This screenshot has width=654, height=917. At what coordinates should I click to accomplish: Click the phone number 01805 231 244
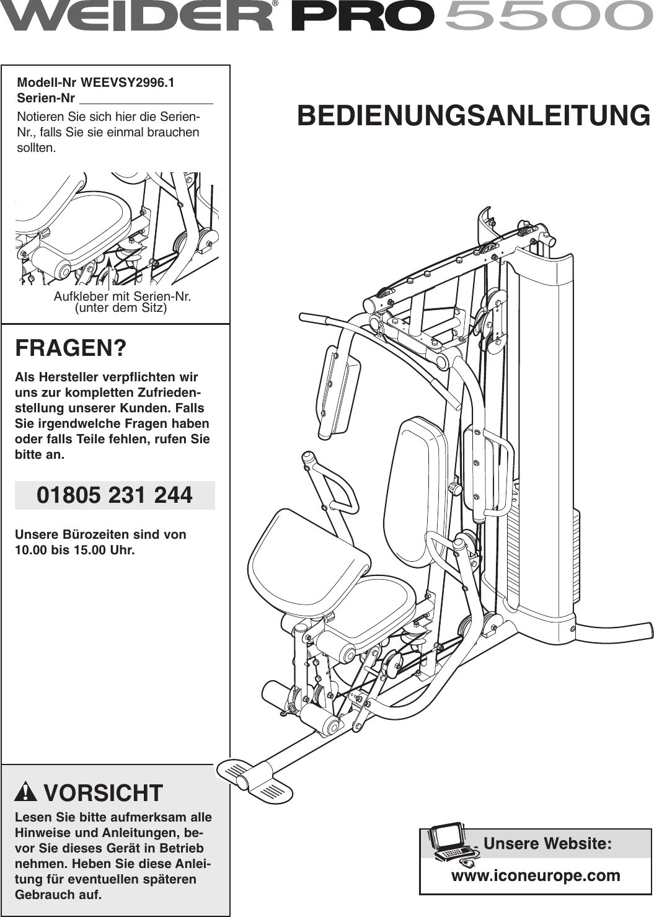(x=115, y=495)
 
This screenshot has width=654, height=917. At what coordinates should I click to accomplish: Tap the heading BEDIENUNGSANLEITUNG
(x=474, y=116)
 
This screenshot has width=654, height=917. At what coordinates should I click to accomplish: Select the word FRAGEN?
(x=71, y=348)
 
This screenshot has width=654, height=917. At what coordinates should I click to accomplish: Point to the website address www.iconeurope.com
(x=536, y=875)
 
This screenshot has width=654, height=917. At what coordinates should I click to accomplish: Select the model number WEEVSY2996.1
(x=128, y=82)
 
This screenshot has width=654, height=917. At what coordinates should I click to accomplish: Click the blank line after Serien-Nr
(x=146, y=99)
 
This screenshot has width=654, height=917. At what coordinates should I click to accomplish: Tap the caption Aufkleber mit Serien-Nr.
(x=122, y=296)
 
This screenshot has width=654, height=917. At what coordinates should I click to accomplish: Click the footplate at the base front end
(x=254, y=778)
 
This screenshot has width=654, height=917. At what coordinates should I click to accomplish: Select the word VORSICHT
(x=103, y=793)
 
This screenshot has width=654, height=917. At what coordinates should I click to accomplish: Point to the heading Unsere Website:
(x=547, y=843)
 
